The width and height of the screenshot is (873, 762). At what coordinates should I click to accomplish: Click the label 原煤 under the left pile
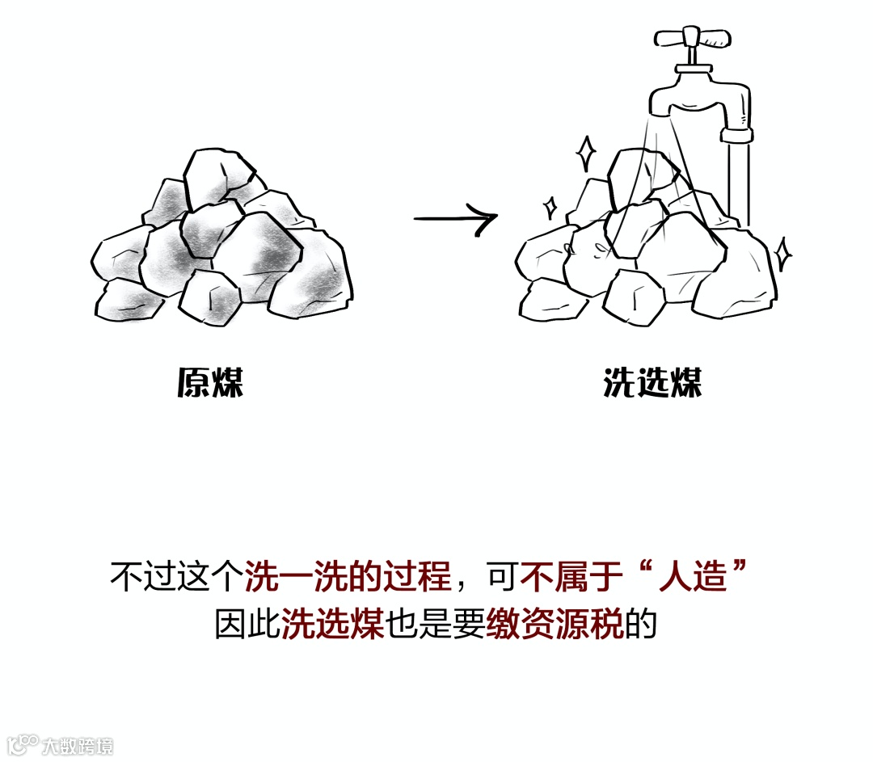(x=210, y=382)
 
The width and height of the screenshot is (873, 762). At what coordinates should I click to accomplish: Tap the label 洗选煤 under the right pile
(x=652, y=382)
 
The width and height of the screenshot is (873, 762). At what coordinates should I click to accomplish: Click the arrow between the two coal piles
(x=455, y=219)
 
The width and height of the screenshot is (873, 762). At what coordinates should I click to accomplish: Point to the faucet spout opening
(x=668, y=112)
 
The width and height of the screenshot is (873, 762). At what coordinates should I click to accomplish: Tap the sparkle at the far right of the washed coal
(x=782, y=254)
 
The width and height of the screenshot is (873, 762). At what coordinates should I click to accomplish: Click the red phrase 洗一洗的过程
(x=347, y=579)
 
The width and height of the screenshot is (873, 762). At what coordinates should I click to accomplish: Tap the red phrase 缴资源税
(x=555, y=625)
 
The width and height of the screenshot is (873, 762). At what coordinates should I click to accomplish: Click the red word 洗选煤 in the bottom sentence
(x=333, y=625)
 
